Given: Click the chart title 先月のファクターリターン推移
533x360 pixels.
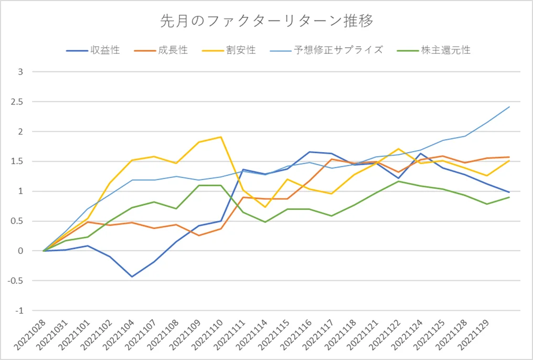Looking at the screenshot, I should (x=266, y=22).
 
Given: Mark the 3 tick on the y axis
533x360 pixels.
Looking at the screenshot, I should (x=21, y=72).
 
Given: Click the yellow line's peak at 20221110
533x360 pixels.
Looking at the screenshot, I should (x=221, y=137).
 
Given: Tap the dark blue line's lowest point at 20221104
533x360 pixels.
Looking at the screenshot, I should (x=132, y=277).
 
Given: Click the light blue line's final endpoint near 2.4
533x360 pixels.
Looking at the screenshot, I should (x=509, y=107).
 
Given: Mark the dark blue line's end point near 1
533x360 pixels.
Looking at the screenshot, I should (x=509, y=192).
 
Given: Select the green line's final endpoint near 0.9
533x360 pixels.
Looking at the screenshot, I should (x=509, y=197).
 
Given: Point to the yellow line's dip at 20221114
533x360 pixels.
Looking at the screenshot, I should (x=265, y=207).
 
